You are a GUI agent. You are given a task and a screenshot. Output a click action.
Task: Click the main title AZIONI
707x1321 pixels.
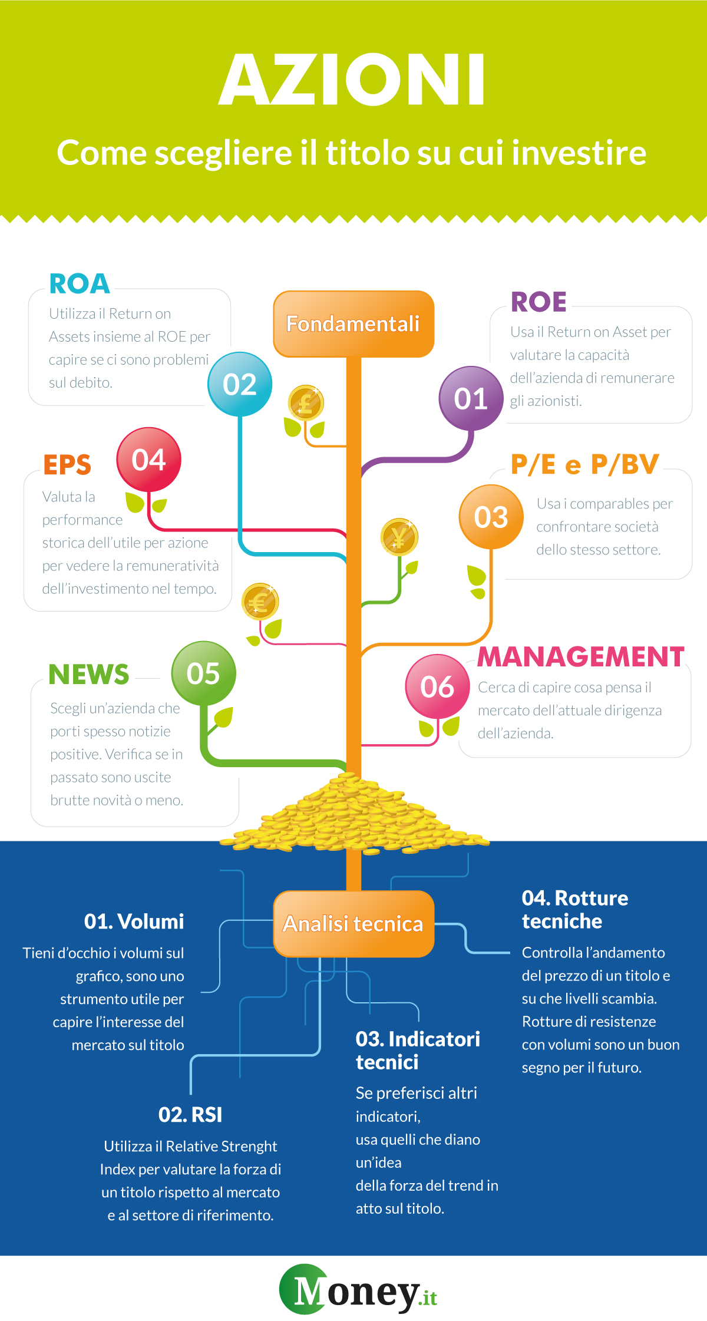(x=352, y=80)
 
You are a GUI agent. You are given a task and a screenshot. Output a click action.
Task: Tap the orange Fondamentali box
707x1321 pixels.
(x=353, y=324)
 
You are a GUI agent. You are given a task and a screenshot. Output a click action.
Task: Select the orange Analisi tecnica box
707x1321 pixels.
(x=353, y=923)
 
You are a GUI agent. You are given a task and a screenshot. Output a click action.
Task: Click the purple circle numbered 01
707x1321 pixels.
(x=471, y=398)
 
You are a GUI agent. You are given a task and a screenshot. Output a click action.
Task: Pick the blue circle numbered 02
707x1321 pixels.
(x=240, y=384)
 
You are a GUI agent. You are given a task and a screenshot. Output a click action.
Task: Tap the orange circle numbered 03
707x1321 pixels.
(x=491, y=517)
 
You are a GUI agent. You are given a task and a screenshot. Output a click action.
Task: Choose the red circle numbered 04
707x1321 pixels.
(x=148, y=460)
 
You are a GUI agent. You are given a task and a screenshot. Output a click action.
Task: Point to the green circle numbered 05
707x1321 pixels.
(x=203, y=673)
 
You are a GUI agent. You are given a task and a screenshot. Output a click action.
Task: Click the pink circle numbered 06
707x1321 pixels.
(x=437, y=686)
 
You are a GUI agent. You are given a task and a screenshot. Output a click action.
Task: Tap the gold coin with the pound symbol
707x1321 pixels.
(x=306, y=404)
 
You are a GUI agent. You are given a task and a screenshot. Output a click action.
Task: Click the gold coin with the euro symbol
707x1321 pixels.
(x=259, y=602)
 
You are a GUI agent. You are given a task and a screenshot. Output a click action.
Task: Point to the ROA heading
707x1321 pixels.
(x=80, y=284)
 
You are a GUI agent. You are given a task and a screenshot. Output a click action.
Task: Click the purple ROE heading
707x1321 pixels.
(x=538, y=302)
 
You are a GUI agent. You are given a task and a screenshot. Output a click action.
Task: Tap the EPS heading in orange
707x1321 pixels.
(x=67, y=465)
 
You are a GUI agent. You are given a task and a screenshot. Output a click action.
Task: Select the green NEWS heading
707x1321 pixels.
(x=88, y=675)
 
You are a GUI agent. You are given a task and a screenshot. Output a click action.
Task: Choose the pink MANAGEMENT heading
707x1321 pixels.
(x=580, y=656)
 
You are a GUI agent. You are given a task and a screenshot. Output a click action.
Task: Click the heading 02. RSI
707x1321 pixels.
(x=190, y=1115)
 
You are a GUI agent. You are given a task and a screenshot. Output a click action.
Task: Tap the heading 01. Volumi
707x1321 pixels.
(x=134, y=922)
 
